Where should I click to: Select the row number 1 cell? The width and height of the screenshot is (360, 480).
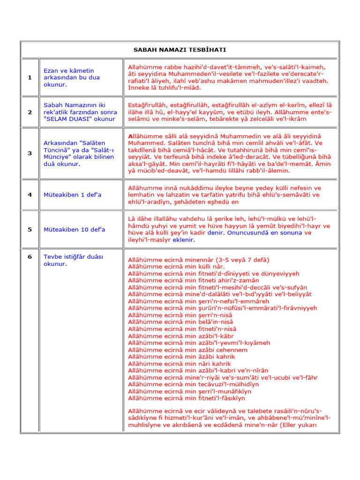tap(30, 77)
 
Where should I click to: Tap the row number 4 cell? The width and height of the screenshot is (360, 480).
tap(30, 195)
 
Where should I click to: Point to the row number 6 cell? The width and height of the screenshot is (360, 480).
tap(30, 256)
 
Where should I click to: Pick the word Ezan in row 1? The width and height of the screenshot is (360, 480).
tap(51, 71)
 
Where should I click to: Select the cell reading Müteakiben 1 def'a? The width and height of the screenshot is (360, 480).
tap(72, 195)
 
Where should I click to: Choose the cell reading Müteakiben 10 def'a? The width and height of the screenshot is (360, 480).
tap(74, 230)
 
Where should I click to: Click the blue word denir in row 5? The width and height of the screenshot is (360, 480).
tap(216, 233)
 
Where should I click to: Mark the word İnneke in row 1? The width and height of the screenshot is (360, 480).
tap(139, 88)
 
